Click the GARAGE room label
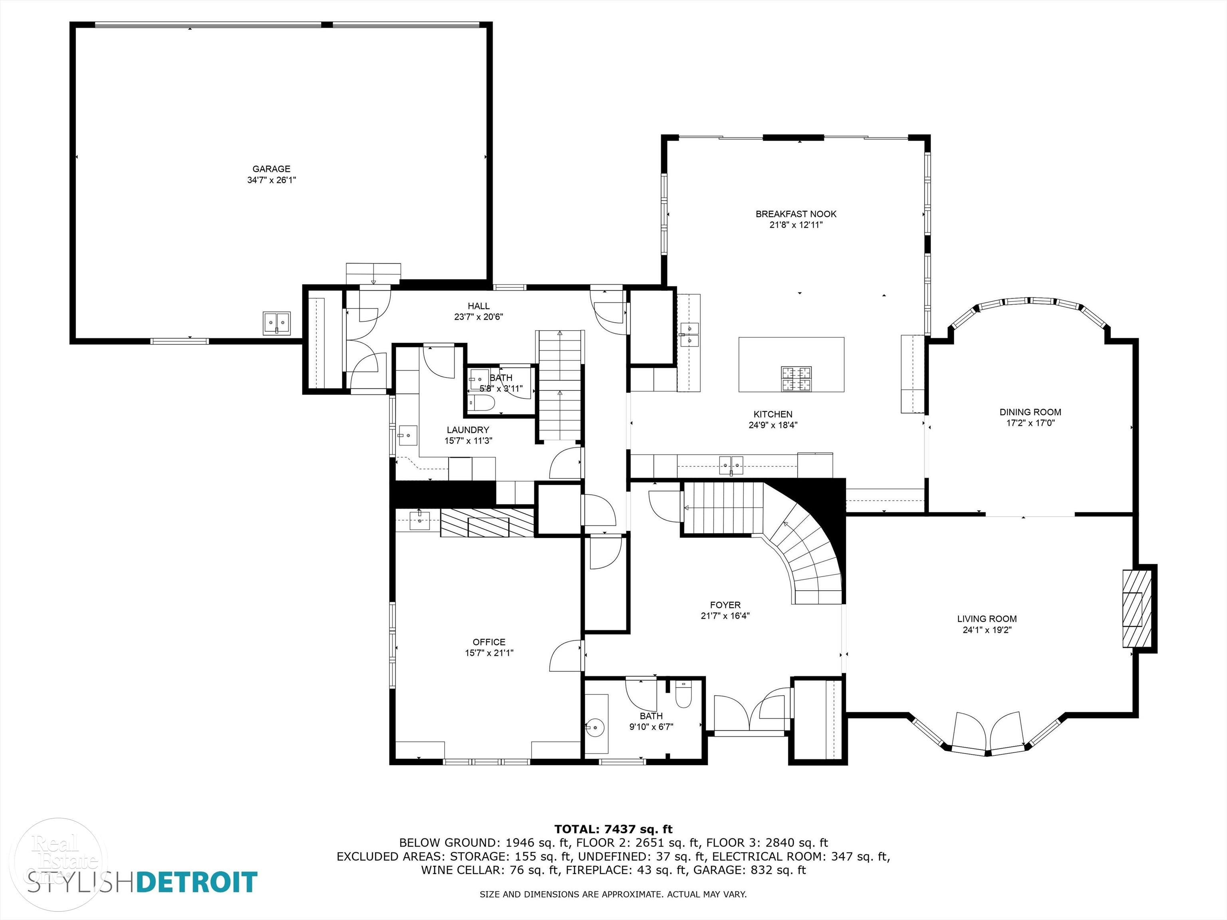271,169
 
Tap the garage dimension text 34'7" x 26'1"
271,180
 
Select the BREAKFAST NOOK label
796,214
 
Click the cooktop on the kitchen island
796,379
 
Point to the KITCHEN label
773,414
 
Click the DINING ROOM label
1030,412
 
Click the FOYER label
725,605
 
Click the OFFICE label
489,642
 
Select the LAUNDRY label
468,430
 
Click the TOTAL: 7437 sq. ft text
613,829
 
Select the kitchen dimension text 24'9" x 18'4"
773,425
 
